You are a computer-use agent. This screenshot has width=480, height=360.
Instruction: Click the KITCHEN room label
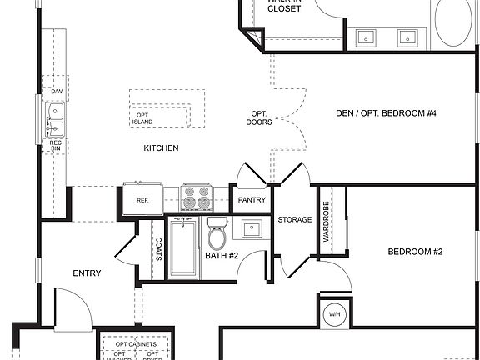click(x=161, y=147)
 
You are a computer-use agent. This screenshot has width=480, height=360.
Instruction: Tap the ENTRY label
click(x=87, y=272)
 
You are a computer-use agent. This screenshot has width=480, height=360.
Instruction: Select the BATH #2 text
click(x=222, y=256)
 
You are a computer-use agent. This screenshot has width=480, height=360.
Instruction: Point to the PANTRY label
click(x=252, y=200)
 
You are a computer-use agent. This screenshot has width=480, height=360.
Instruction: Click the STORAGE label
click(x=295, y=220)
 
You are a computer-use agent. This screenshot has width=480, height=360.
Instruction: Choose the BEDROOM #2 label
click(x=414, y=252)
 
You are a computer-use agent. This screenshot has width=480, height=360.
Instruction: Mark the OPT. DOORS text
click(x=258, y=117)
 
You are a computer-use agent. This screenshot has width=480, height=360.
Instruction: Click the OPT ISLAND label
click(x=142, y=117)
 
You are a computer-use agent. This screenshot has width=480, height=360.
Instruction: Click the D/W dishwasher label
click(x=57, y=91)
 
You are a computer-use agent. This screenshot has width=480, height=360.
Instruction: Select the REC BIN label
click(x=56, y=146)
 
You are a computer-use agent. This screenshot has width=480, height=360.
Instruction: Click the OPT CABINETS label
click(x=135, y=343)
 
